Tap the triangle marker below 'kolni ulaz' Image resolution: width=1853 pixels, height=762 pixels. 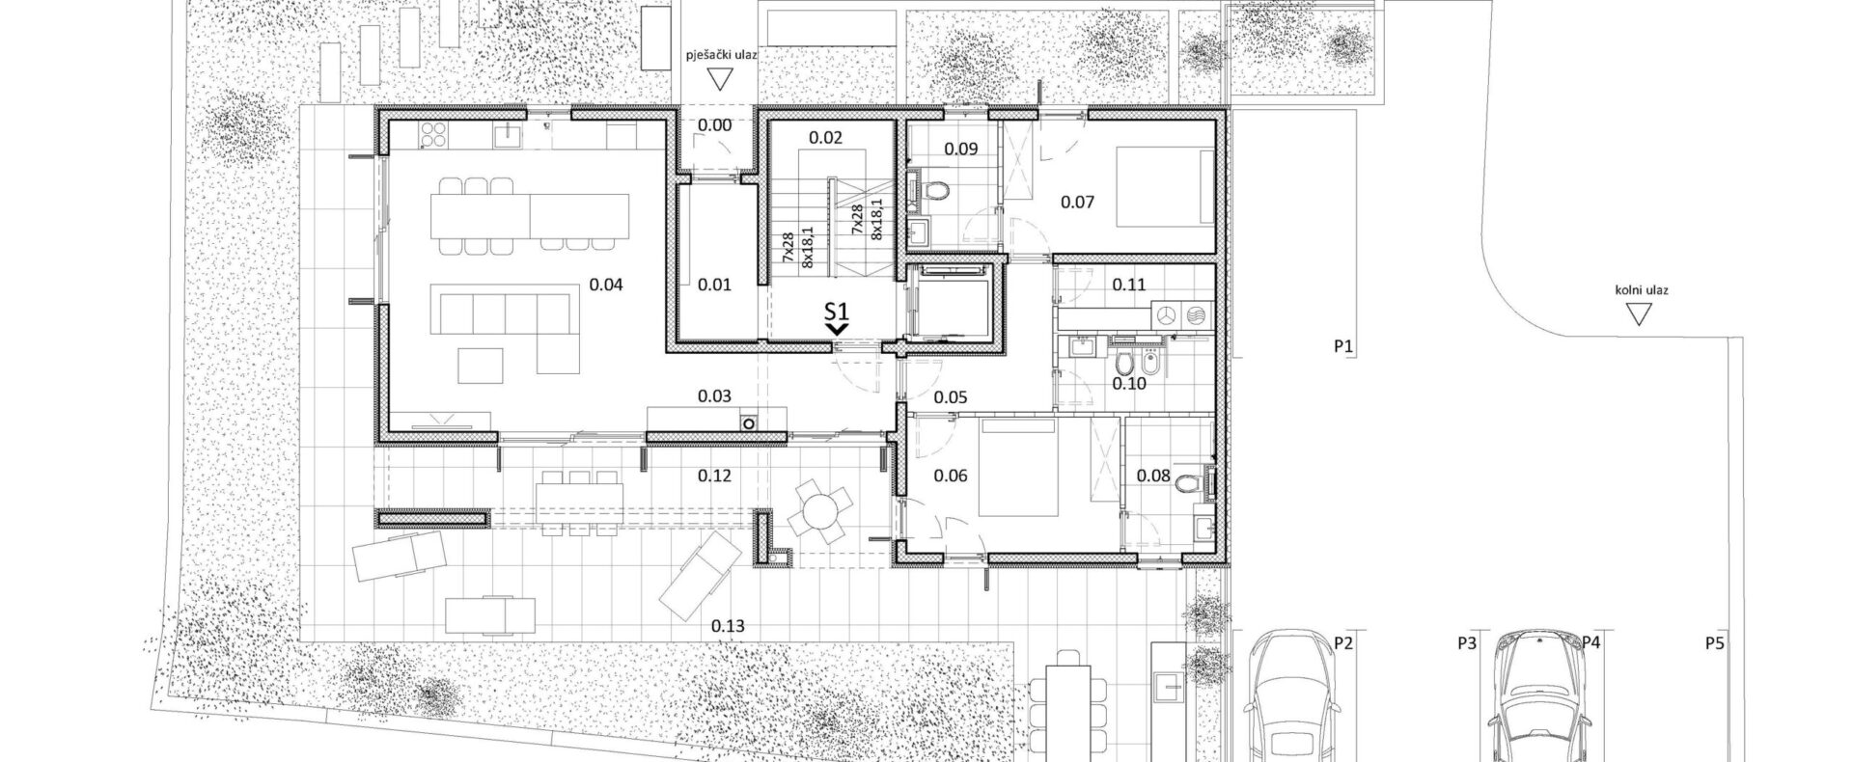[x=1637, y=314]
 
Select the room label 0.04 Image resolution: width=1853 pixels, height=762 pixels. [x=606, y=285]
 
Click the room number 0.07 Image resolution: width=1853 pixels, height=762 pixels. [x=1077, y=203]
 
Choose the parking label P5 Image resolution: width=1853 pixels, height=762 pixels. [x=1714, y=641]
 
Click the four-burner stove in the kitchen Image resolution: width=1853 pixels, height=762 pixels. [x=432, y=137]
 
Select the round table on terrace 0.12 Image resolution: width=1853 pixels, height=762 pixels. [x=818, y=514]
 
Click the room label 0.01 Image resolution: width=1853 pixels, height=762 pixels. [x=714, y=285]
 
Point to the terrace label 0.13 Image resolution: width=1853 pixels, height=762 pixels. [x=728, y=626]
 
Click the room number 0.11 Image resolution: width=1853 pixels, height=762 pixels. [x=1128, y=285]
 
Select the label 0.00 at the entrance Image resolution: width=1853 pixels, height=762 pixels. [x=714, y=125]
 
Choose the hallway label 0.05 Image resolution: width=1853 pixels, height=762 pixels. [x=952, y=396]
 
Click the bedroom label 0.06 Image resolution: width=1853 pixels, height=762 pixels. [x=951, y=476]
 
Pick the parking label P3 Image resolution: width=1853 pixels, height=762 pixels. [x=1468, y=641]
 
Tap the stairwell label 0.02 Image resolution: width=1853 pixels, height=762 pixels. [x=825, y=138]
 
